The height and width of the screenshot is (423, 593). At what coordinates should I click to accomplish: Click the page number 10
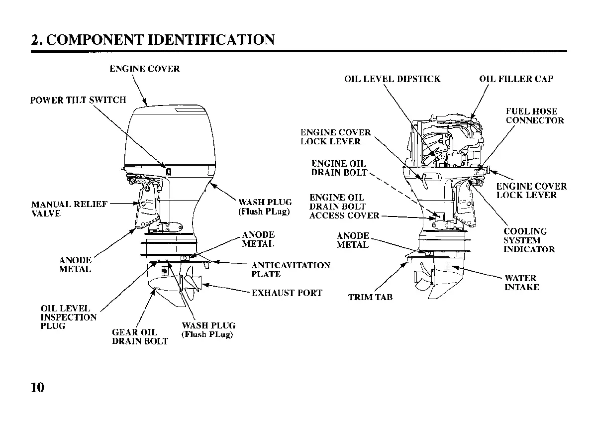point(37,388)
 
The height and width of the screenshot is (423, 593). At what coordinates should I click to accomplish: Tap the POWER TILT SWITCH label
point(78,100)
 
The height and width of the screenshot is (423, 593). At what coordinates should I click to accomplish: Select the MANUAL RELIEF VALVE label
point(69,209)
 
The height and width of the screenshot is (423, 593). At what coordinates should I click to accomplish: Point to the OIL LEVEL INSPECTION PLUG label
point(68,317)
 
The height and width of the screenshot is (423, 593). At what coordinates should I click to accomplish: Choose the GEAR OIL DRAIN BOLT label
point(140,337)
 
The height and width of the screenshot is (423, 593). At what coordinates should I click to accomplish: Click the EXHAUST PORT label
point(287,293)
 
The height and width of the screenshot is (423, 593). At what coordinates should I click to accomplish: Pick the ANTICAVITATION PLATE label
point(291,270)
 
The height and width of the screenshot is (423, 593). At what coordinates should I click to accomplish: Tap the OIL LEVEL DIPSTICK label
point(392,79)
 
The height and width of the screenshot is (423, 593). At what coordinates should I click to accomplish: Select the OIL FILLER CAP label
point(516,79)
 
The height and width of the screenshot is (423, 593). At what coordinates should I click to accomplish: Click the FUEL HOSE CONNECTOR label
point(535,116)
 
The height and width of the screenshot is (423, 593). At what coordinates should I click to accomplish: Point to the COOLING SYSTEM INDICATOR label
point(529,240)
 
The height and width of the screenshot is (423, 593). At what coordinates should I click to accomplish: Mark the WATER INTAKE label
point(521,283)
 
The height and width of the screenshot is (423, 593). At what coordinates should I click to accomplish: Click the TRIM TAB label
point(370,298)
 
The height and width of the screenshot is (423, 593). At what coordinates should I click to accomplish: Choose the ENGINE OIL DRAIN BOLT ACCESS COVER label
point(344,207)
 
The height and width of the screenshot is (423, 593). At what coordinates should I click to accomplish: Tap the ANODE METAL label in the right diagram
point(353,240)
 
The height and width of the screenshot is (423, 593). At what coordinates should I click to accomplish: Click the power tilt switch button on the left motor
point(169,171)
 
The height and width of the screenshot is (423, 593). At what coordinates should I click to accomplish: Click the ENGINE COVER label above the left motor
point(144,69)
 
